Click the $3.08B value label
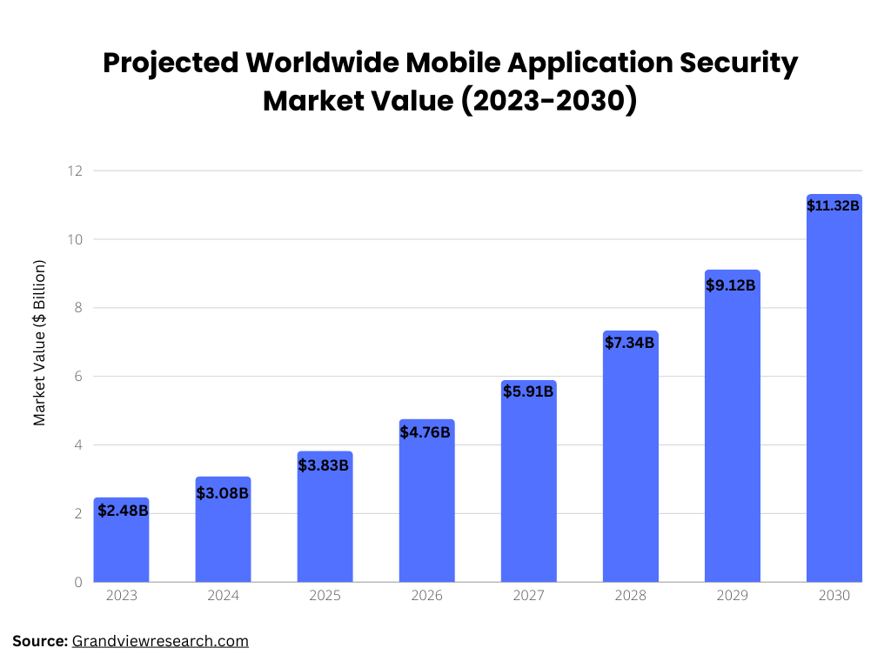click(x=223, y=493)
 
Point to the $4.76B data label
click(x=425, y=432)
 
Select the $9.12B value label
click(x=730, y=284)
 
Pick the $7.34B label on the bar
click(x=629, y=343)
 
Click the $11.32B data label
click(x=833, y=206)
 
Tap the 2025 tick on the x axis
click(x=325, y=596)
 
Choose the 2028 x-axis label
click(x=630, y=596)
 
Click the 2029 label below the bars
click(x=732, y=596)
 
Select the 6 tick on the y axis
click(x=77, y=377)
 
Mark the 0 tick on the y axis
click(x=77, y=582)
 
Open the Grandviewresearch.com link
click(x=160, y=641)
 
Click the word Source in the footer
click(x=38, y=641)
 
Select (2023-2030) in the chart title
click(x=548, y=100)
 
